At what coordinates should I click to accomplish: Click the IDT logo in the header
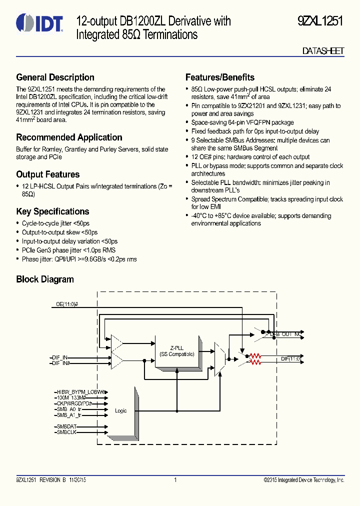[x=39, y=23]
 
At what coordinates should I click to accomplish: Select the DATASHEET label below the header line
[x=323, y=51]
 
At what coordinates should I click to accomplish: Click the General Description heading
[x=55, y=77]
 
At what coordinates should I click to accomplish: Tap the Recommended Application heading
[x=69, y=137]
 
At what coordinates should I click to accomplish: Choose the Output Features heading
[x=48, y=174]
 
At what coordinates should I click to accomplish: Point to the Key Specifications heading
[x=52, y=211]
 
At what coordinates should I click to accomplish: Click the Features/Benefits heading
[x=219, y=77]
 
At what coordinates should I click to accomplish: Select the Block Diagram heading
[x=45, y=279]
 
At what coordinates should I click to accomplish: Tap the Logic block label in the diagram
[x=121, y=410]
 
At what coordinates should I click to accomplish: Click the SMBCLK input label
[x=66, y=432]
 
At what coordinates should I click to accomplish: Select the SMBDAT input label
[x=66, y=426]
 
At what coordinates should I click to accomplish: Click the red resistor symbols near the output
[x=255, y=358]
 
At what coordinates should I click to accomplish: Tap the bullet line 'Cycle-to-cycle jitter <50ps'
[x=55, y=223]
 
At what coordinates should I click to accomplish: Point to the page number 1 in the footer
[x=175, y=480]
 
